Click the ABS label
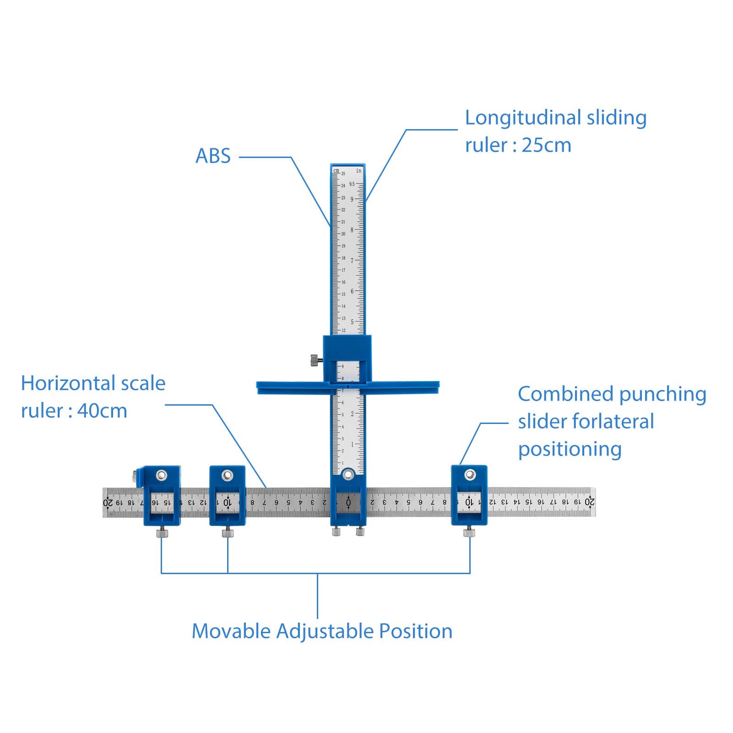coord(213,156)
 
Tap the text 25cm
coord(546,146)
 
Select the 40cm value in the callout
coord(102,411)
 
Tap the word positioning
coord(570,450)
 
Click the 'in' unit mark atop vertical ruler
coord(359,171)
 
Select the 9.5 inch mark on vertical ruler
coord(352,184)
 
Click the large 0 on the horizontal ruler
coord(348,503)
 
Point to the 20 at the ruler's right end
coord(589,502)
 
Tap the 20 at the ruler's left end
coord(109,502)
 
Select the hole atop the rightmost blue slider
coord(469,475)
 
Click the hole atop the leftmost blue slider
coord(161,475)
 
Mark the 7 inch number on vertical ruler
coord(352,261)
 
